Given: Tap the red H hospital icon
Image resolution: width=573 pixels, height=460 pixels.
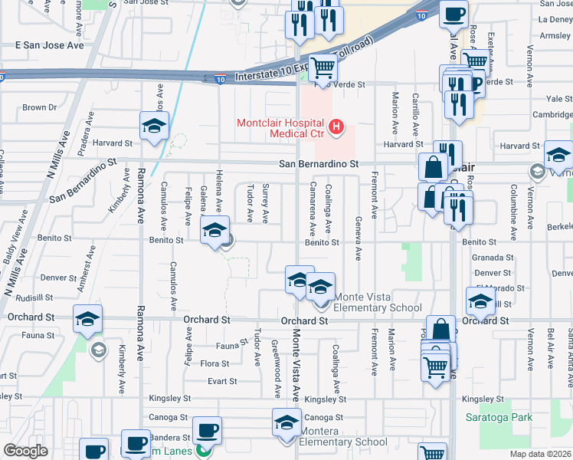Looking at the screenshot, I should pyautogui.click(x=335, y=127).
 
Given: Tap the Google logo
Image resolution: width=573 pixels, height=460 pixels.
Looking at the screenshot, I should pyautogui.click(x=25, y=451).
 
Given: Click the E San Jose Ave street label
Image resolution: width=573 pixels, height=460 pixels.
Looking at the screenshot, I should pyautogui.click(x=50, y=45).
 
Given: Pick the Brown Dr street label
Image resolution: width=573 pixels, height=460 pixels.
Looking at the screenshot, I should pyautogui.click(x=40, y=107).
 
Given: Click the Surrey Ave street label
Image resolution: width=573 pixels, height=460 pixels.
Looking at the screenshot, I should pyautogui.click(x=266, y=203).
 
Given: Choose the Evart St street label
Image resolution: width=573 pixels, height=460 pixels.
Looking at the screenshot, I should pyautogui.click(x=222, y=381).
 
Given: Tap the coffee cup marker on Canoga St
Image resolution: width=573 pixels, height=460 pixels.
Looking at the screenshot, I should pyautogui.click(x=206, y=430).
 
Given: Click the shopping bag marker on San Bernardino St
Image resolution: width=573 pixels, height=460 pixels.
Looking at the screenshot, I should pyautogui.click(x=433, y=166).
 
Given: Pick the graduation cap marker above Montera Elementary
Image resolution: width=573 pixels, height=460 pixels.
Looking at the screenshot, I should pyautogui.click(x=287, y=422).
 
